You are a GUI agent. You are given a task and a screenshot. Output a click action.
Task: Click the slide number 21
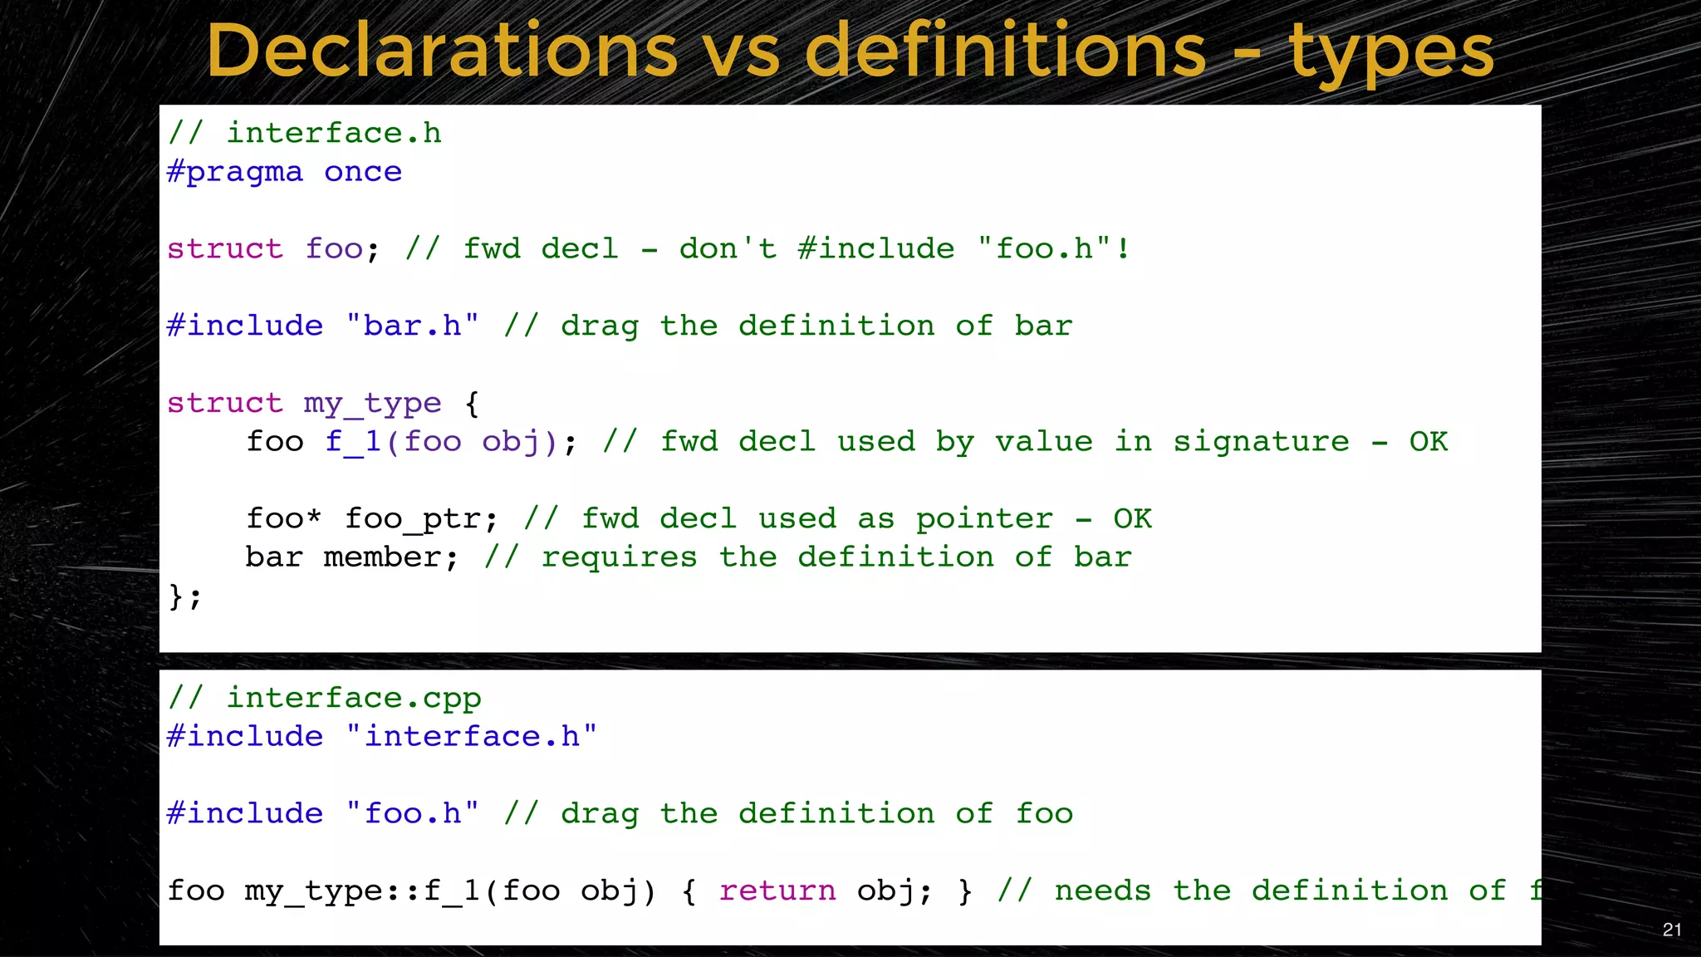[1672, 930]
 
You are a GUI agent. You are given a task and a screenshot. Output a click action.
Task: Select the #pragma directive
[235, 172]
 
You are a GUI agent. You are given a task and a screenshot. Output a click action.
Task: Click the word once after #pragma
[363, 172]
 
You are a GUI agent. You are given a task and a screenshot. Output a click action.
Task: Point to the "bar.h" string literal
[413, 326]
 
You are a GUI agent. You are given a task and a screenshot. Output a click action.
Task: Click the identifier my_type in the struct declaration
[372, 404]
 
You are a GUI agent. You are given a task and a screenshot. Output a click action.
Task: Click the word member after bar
[382, 557]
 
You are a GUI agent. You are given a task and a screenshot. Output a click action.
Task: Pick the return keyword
[777, 891]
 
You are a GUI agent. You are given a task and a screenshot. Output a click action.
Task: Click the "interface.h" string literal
[472, 736]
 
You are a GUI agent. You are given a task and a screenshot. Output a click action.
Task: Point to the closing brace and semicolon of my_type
[184, 596]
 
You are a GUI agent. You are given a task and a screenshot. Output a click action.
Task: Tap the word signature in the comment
[1261, 442]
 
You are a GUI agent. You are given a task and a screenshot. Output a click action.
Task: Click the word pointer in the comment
[984, 519]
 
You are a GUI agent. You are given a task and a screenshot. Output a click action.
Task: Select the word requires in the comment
[619, 557]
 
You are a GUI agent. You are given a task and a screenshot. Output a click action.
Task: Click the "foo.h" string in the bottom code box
[413, 813]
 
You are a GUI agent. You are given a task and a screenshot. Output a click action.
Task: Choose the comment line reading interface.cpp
[325, 698]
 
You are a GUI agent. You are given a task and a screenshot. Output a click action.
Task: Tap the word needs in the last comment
[1102, 891]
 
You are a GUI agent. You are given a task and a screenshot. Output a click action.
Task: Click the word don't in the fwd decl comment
[728, 248]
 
